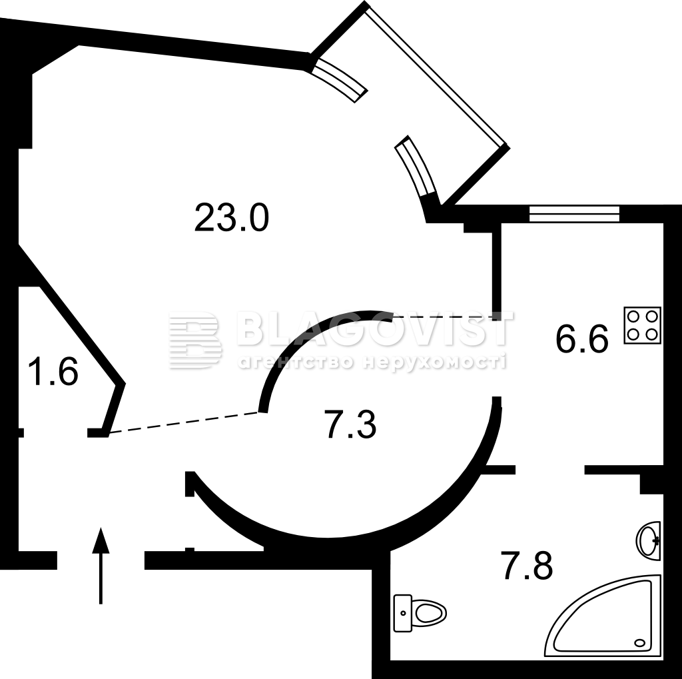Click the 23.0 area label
tap(231, 218)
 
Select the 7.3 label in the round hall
tap(350, 426)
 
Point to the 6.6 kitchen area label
tap(582, 340)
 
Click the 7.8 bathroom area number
tap(526, 567)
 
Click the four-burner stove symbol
tap(642, 325)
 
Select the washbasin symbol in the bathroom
tap(649, 540)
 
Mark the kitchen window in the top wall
tap(574, 213)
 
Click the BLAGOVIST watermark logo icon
tap(194, 340)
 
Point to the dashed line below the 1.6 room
tap(183, 423)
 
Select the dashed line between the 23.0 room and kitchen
tap(443, 317)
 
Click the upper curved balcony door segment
tap(340, 79)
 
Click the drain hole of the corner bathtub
tap(641, 643)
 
